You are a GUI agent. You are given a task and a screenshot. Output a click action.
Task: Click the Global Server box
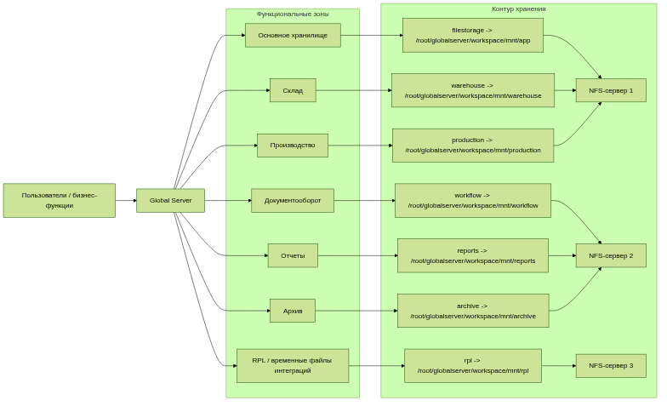[x=170, y=200]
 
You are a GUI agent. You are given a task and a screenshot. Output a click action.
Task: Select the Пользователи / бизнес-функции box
[x=59, y=200]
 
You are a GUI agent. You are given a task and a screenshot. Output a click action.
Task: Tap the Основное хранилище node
[x=293, y=35]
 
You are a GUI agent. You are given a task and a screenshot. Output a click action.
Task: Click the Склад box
[x=293, y=90]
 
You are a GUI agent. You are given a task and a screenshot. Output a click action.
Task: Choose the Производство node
[x=293, y=145]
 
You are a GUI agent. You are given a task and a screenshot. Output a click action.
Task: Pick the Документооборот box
[x=293, y=200]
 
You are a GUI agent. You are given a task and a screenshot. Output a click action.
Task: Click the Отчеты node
[x=293, y=255]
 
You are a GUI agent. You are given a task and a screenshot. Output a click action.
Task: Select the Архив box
[x=293, y=311]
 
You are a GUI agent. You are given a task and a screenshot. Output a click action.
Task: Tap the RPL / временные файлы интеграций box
[x=293, y=365]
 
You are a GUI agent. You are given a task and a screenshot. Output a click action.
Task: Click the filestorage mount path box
[x=472, y=35]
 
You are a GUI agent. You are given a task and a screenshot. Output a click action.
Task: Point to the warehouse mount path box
[x=472, y=90]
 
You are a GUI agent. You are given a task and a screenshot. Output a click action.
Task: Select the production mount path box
[x=472, y=145]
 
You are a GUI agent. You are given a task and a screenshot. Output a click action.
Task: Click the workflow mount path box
[x=472, y=200]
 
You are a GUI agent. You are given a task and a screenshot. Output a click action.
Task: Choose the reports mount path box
[x=472, y=255]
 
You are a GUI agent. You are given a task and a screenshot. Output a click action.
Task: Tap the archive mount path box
[x=472, y=311]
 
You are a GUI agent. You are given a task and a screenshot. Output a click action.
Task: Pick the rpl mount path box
[x=472, y=365]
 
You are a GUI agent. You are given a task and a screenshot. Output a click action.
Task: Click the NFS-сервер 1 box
[x=611, y=90]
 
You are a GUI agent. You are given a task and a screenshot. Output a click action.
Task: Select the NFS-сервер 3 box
[x=611, y=365]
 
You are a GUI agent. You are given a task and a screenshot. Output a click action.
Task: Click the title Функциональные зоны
[x=293, y=14]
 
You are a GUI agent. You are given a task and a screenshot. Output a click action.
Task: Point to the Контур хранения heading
[x=519, y=9]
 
